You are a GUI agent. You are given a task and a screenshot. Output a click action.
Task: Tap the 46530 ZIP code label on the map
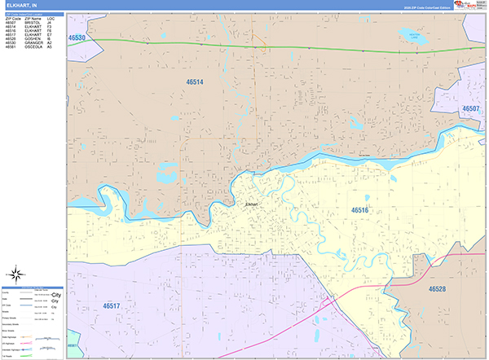(77, 37)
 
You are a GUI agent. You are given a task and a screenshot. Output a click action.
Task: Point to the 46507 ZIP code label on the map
(471, 108)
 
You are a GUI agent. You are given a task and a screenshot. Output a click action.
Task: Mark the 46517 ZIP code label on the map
(117, 305)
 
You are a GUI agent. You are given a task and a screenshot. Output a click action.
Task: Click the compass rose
(16, 273)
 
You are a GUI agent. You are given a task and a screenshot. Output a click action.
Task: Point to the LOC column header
(50, 17)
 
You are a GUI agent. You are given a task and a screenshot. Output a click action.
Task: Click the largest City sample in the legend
(56, 295)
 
